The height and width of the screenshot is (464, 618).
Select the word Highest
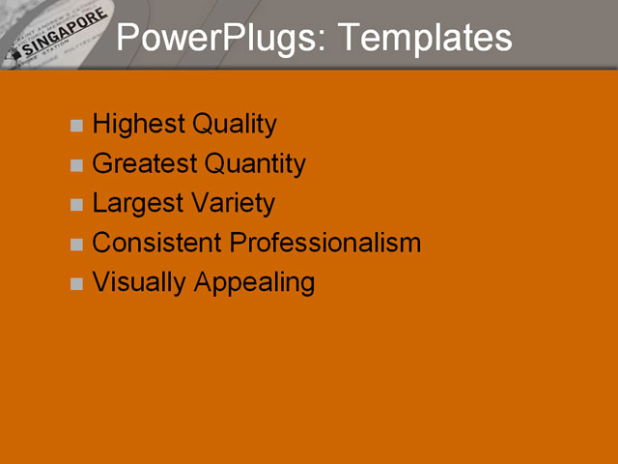(138, 125)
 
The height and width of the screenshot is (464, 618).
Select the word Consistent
(156, 243)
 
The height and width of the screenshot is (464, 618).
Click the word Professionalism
(325, 243)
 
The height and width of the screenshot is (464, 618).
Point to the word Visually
(139, 282)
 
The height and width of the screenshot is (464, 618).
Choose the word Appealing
(254, 282)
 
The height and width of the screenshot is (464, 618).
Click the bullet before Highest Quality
(77, 126)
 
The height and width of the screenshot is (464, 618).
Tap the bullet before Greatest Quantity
(77, 165)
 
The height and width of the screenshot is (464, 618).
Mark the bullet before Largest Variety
(77, 205)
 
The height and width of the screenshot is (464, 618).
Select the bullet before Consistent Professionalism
(77, 245)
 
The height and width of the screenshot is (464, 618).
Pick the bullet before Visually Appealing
(77, 284)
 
